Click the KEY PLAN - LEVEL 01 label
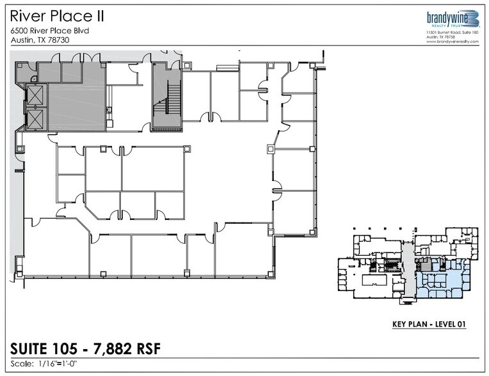click(x=428, y=325)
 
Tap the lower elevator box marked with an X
click(x=35, y=119)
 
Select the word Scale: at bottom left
click(x=22, y=365)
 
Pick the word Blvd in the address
click(x=79, y=31)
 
